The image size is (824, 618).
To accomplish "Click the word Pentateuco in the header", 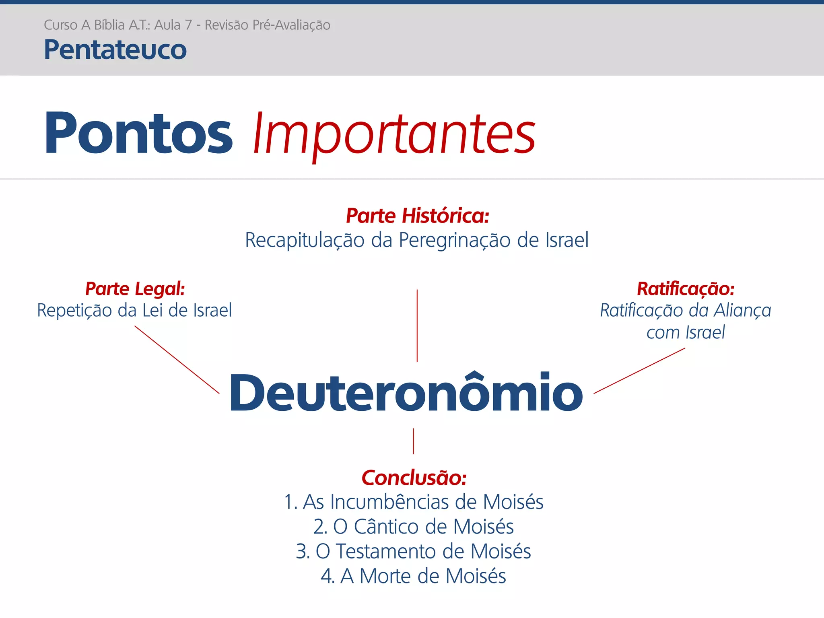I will [115, 50].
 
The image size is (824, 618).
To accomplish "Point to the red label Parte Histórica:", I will [418, 216].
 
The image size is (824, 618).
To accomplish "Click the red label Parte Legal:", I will [135, 289].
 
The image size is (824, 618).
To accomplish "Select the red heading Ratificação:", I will [686, 289].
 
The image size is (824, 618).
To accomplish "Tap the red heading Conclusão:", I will [414, 478].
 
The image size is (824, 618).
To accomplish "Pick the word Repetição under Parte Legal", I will [75, 311].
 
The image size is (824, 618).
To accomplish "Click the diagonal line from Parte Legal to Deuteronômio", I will [177, 359].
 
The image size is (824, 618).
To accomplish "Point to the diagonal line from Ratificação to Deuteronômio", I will [639, 371].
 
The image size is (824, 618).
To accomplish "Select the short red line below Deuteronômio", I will [414, 441].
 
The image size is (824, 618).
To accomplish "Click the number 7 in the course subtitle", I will [188, 25].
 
